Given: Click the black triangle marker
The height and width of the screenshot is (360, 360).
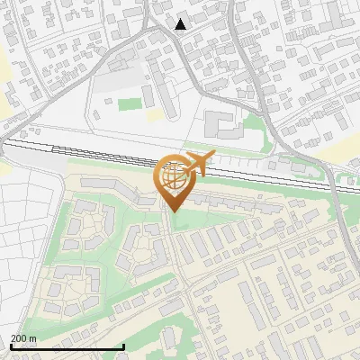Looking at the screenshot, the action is (x=181, y=24).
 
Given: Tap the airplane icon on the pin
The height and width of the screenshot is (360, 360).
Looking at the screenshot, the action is (x=198, y=164).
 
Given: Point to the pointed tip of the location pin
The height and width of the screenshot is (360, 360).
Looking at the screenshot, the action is (x=172, y=211).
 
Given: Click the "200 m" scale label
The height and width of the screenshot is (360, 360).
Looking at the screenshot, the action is (x=24, y=338).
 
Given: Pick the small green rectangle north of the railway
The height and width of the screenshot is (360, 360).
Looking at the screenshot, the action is (x=130, y=103).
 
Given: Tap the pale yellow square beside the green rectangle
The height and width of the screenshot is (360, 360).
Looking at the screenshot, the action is (x=154, y=115).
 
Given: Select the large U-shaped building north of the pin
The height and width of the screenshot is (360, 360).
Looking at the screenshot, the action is (x=220, y=124).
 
